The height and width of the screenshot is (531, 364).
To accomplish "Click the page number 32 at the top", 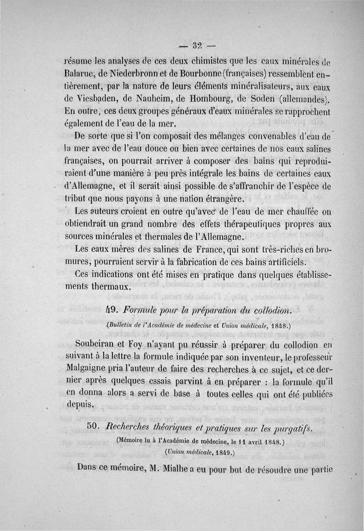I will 197,46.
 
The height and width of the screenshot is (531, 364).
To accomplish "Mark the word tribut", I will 73,199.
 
